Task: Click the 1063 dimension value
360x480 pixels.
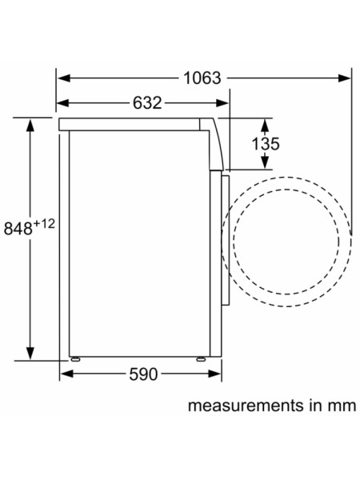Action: click(202, 78)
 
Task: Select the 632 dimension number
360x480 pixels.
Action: click(147, 103)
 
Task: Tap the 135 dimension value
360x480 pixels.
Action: click(266, 143)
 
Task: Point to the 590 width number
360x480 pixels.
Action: click(143, 374)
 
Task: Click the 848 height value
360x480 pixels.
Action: click(18, 228)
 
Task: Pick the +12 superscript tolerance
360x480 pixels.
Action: click(44, 224)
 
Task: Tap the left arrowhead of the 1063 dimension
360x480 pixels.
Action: click(64, 78)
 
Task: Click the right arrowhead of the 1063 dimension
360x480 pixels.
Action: click(344, 78)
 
